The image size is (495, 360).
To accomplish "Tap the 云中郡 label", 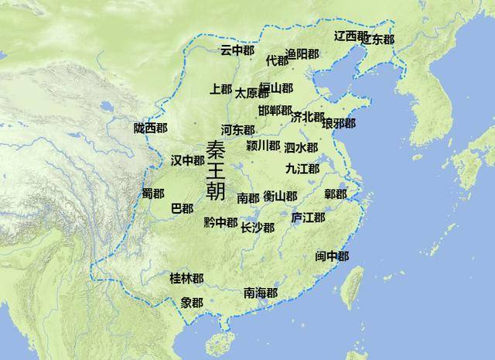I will click(x=237, y=50).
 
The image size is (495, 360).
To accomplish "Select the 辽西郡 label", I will click(x=350, y=36).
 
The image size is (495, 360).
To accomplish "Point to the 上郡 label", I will click(x=220, y=90).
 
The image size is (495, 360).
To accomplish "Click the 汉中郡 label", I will click(x=187, y=160).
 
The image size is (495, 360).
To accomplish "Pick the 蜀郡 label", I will click(x=152, y=193).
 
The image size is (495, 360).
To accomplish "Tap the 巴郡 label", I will click(x=182, y=208).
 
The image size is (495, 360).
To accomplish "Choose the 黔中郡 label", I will click(x=220, y=222).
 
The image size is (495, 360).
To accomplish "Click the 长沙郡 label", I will click(x=257, y=228).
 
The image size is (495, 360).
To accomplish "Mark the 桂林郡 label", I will click(x=186, y=277).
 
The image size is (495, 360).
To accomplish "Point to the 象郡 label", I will click(x=192, y=302).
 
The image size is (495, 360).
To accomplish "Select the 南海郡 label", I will click(x=261, y=293).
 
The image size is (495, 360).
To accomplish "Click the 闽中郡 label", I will click(x=332, y=256).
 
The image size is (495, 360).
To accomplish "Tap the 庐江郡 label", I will click(x=308, y=218).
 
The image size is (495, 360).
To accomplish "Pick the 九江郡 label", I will click(x=302, y=168).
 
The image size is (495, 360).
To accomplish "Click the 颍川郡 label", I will click(x=263, y=146).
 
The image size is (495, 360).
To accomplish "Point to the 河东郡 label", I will click(x=237, y=130).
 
